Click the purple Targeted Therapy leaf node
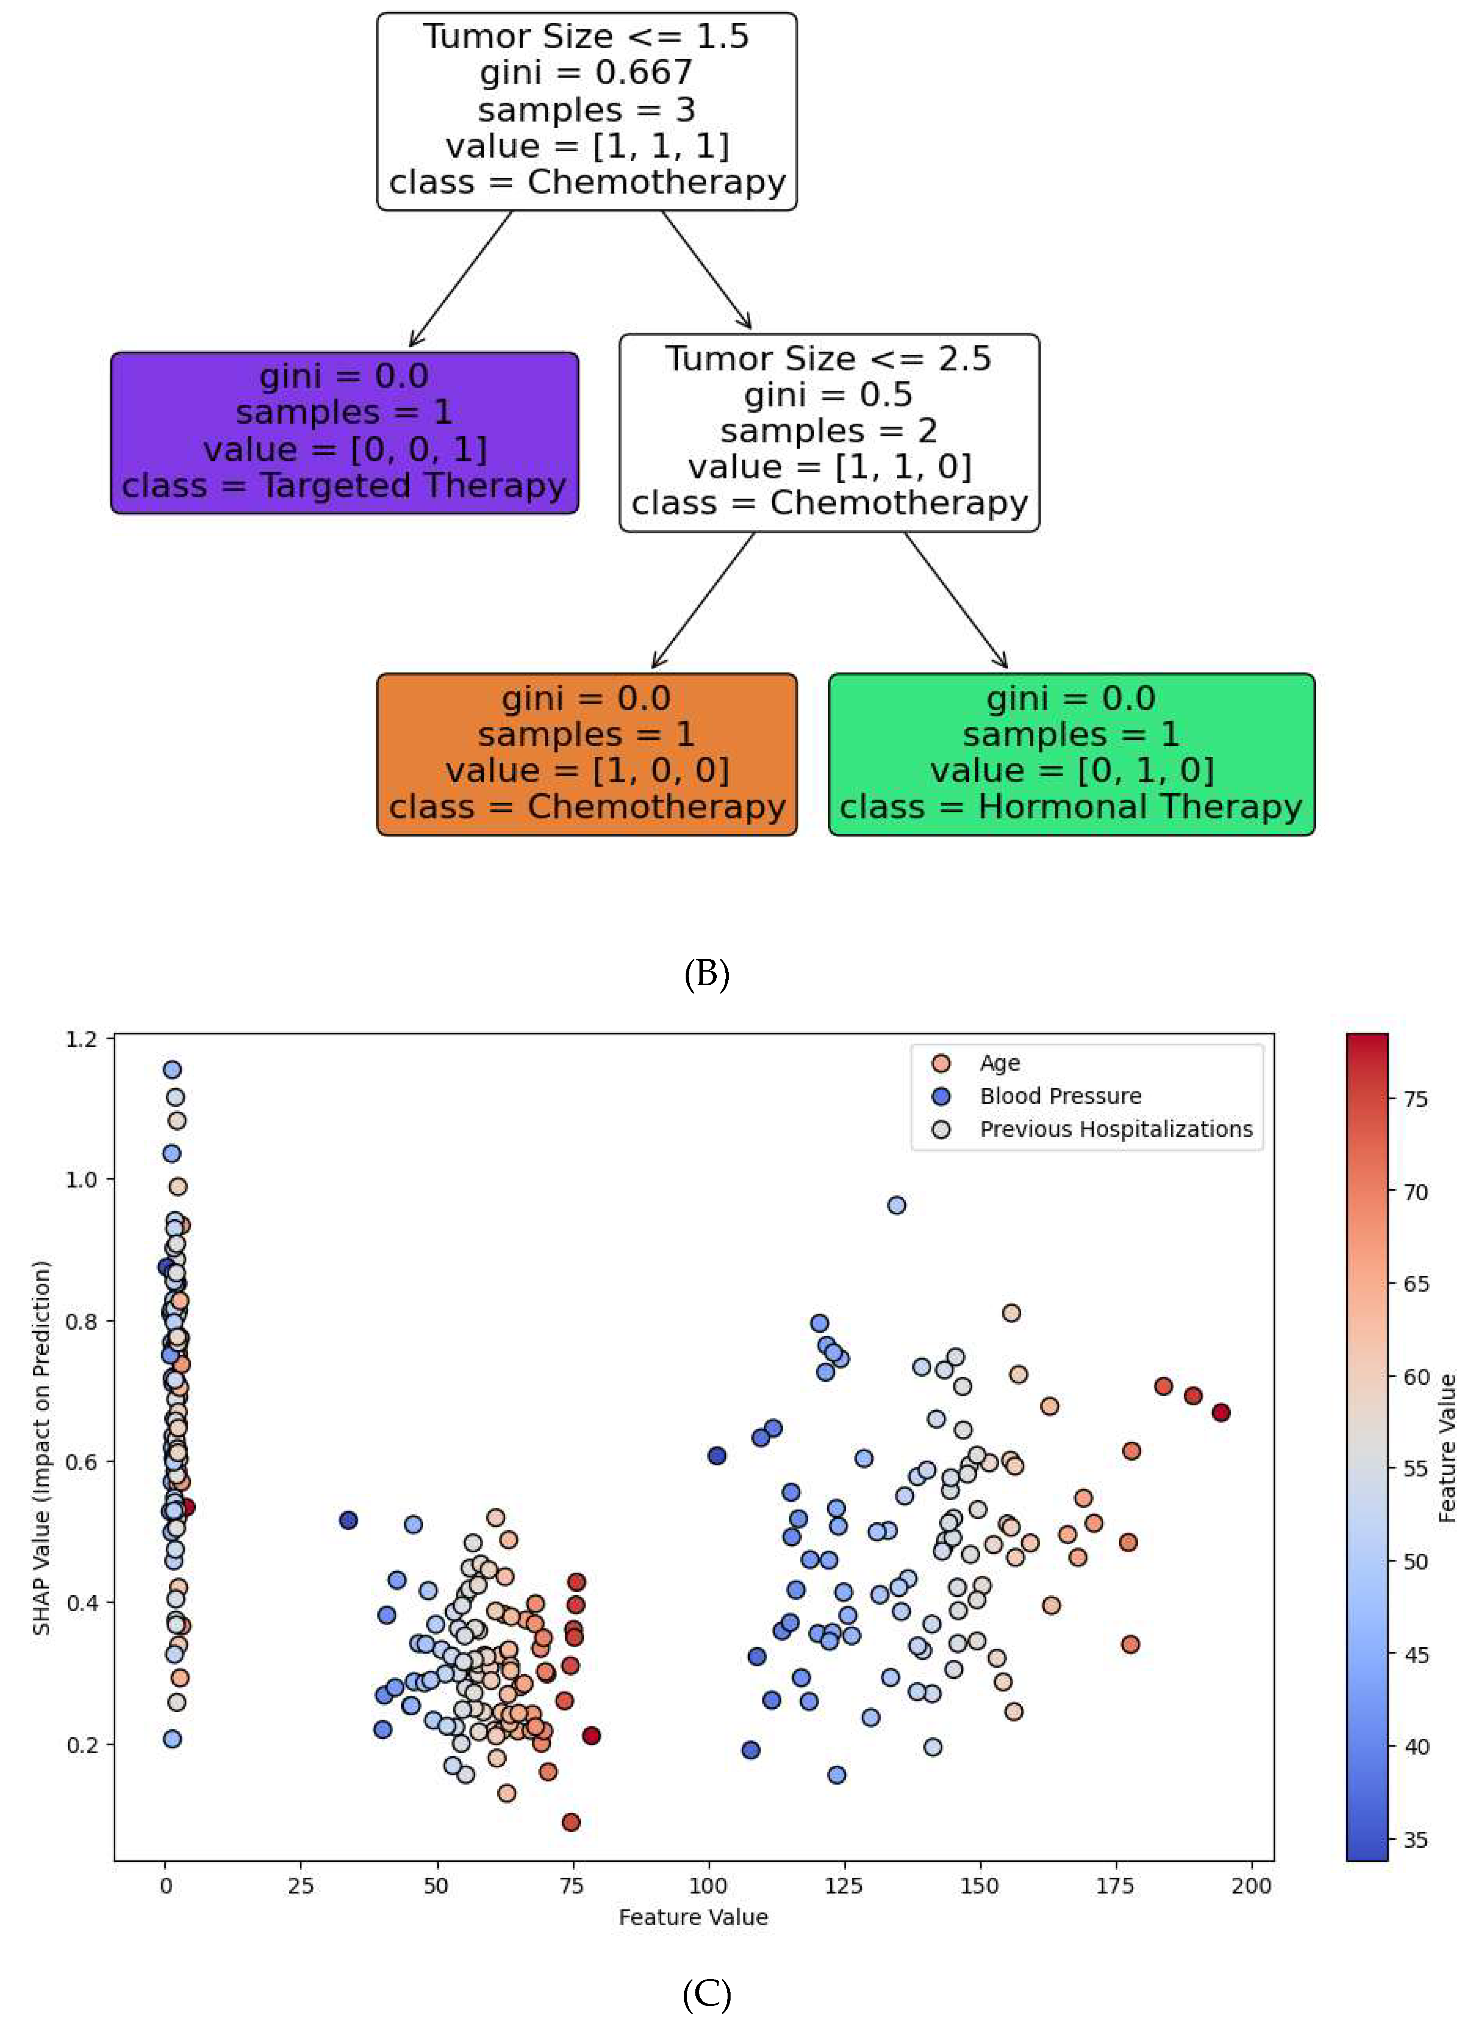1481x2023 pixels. click(x=344, y=432)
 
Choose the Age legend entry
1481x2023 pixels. click(x=999, y=1063)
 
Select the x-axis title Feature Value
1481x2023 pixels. click(x=693, y=1917)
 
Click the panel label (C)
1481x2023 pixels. click(x=707, y=1995)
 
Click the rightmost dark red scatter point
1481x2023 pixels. click(x=1220, y=1412)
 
